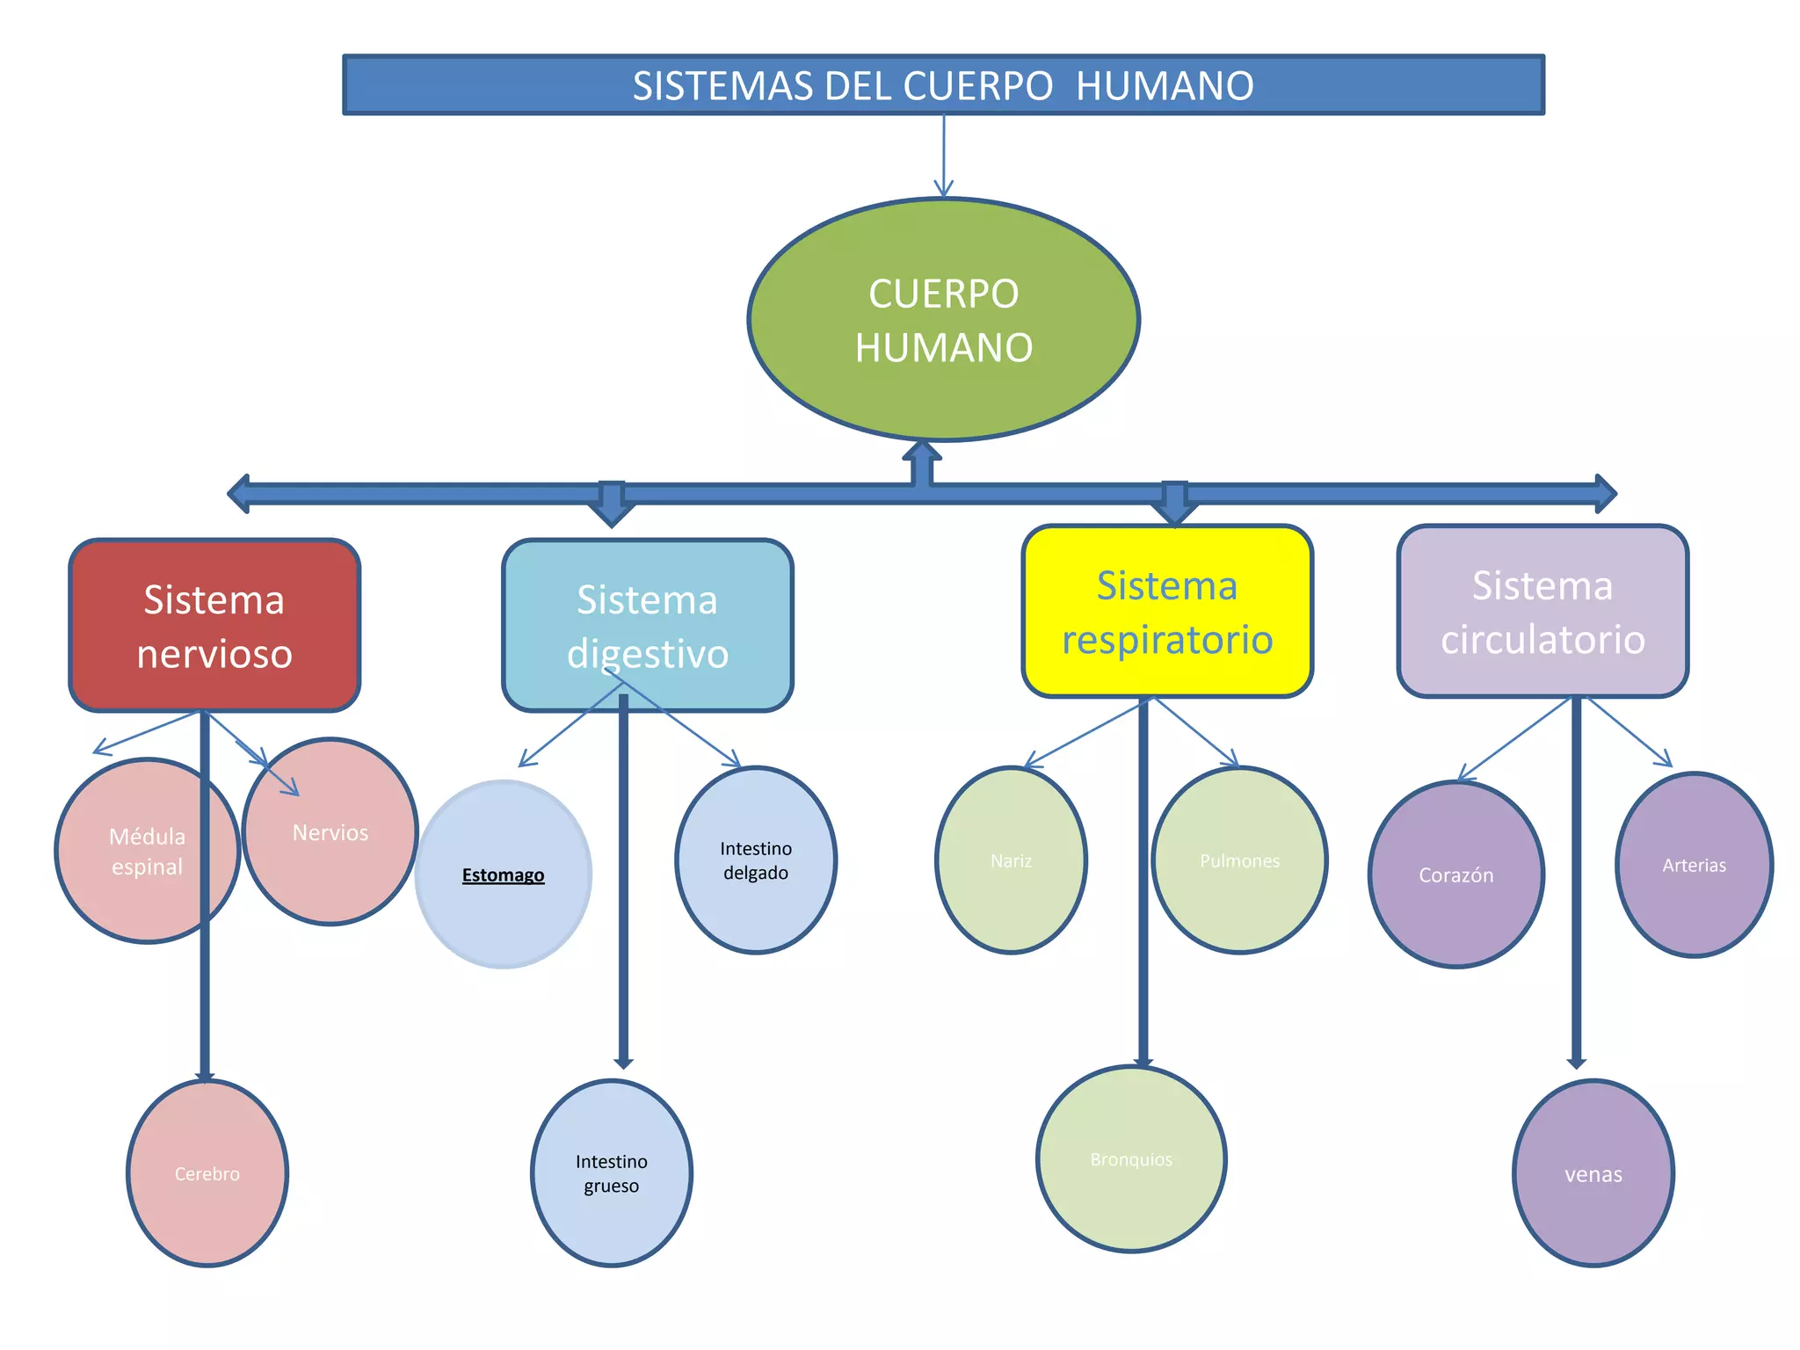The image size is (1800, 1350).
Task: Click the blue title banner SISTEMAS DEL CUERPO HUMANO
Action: (x=943, y=85)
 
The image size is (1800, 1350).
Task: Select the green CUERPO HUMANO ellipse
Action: (x=943, y=319)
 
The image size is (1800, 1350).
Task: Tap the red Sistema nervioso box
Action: (x=214, y=625)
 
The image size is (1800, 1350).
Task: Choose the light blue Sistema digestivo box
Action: (x=648, y=625)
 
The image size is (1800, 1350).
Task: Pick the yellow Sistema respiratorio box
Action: (x=1167, y=612)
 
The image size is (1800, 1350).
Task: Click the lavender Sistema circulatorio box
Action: (x=1542, y=612)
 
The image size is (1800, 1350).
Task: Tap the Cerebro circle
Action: (x=207, y=1173)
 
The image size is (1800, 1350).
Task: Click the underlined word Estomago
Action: (x=504, y=875)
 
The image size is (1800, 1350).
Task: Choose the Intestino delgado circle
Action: (x=756, y=860)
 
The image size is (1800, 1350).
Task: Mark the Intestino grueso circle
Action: (x=612, y=1173)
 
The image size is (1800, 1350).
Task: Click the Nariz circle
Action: (x=1011, y=860)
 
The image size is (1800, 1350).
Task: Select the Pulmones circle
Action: (x=1239, y=860)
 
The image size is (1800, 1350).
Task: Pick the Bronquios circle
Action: (x=1131, y=1159)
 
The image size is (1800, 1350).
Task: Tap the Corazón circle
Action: (x=1456, y=875)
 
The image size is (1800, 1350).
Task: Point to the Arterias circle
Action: (x=1694, y=865)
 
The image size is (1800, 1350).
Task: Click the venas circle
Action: (x=1593, y=1173)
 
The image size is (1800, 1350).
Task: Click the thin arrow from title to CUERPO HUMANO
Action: (x=944, y=155)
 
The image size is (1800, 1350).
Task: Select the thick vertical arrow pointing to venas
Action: (x=1577, y=879)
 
